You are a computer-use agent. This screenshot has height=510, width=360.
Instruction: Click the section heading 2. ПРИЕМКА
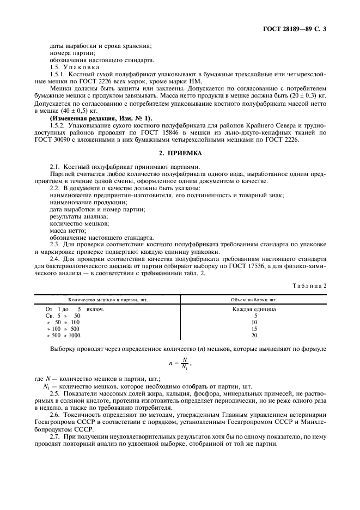(x=180, y=154)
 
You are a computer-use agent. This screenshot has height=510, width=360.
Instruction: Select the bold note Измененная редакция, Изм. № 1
(x=101, y=118)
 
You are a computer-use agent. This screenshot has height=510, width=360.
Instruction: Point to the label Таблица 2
(x=309, y=285)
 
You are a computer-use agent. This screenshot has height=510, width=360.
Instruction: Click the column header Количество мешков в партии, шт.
(x=108, y=299)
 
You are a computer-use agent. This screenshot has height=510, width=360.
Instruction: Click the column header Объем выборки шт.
(x=254, y=299)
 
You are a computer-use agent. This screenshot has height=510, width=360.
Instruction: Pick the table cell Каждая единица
(x=254, y=309)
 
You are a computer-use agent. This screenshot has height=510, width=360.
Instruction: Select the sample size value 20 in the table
(x=254, y=336)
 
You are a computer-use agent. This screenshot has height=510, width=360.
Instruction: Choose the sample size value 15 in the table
(x=254, y=329)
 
